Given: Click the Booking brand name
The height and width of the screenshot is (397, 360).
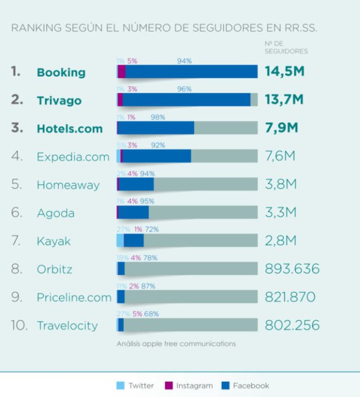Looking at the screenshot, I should [61, 72].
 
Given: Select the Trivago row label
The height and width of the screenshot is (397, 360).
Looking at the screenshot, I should [58, 101].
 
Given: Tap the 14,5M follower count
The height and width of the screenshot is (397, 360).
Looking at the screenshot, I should [284, 71].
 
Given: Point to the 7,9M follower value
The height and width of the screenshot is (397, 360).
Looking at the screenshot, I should [281, 128].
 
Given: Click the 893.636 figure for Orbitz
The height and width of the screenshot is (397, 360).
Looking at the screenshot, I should [292, 269].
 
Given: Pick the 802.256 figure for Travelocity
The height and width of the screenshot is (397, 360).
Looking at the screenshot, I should [292, 325].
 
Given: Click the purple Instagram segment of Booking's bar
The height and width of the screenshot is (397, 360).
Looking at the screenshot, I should [121, 71].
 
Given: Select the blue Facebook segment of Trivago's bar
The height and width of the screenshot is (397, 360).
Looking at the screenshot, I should [186, 100].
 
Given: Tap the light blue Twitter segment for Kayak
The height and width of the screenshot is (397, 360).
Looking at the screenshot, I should [120, 241].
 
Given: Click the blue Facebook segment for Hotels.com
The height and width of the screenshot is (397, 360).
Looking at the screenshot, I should [156, 128].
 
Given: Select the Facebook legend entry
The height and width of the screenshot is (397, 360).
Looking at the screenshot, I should [245, 386].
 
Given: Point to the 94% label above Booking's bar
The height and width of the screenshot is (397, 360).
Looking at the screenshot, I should [184, 61].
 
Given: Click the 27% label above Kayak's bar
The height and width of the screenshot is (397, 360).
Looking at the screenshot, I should [123, 229].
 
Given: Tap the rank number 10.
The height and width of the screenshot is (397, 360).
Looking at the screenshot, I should [19, 325].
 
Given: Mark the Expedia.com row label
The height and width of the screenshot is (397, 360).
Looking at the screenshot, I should [73, 157].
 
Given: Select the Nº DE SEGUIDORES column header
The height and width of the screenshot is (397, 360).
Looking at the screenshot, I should [286, 47].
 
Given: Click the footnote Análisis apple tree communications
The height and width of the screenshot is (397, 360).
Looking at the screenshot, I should [176, 344].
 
